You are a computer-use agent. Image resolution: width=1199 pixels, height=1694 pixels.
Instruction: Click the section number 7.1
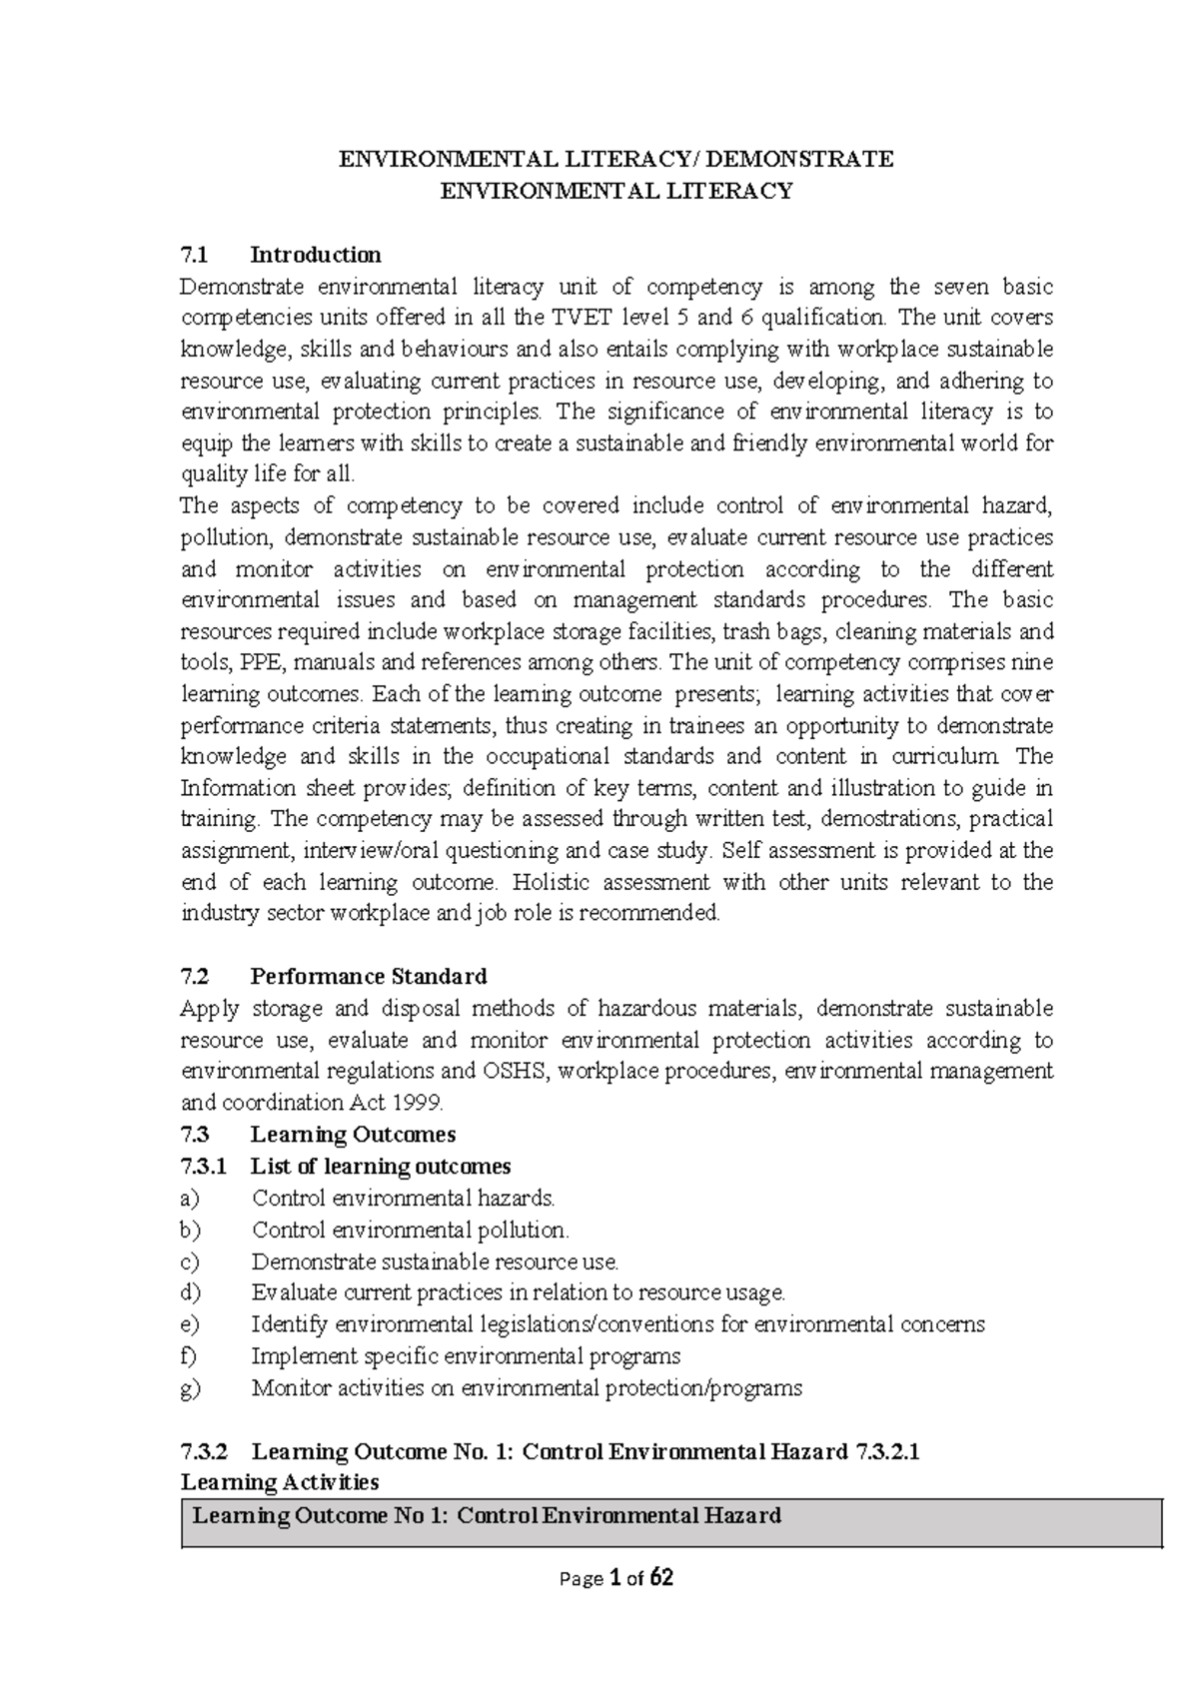(192, 255)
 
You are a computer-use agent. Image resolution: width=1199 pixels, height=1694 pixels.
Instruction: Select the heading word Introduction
(316, 255)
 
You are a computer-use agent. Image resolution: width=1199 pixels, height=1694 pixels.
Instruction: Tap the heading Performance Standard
(369, 976)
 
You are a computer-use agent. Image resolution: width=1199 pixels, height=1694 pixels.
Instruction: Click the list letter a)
(190, 1198)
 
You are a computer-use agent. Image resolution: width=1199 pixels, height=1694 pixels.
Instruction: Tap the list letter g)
(190, 1387)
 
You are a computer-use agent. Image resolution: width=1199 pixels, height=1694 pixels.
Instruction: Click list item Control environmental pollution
(410, 1230)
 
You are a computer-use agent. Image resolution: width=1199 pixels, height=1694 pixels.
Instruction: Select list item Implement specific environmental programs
(466, 1356)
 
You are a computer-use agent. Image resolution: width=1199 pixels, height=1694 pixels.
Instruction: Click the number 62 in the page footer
(661, 1579)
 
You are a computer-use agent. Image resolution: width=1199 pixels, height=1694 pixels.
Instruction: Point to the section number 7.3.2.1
(887, 1451)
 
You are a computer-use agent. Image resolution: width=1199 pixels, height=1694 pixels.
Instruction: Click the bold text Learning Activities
(279, 1481)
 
